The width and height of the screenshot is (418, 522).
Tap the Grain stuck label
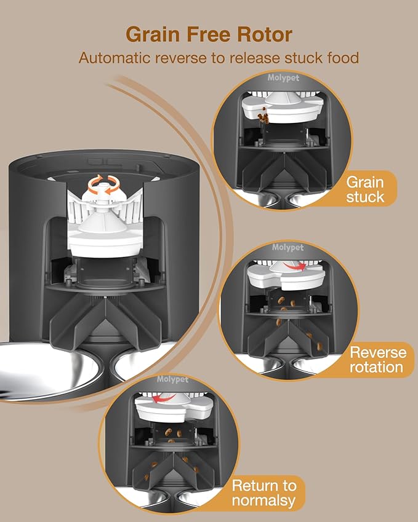pyautogui.click(x=364, y=189)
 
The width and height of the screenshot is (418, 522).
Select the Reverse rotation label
pyautogui.click(x=377, y=360)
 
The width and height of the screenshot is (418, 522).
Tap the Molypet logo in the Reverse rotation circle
pyautogui.click(x=288, y=248)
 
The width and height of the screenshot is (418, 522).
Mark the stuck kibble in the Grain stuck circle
pyautogui.click(x=264, y=115)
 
